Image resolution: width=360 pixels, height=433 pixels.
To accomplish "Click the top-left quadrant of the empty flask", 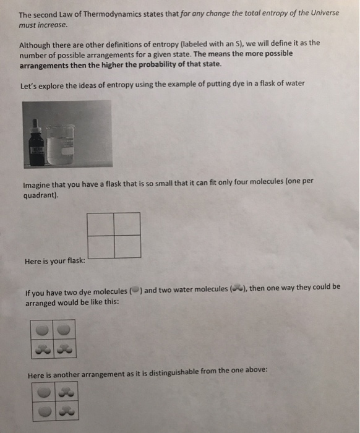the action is (x=101, y=224).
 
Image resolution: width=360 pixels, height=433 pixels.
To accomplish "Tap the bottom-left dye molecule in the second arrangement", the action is (x=43, y=411).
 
